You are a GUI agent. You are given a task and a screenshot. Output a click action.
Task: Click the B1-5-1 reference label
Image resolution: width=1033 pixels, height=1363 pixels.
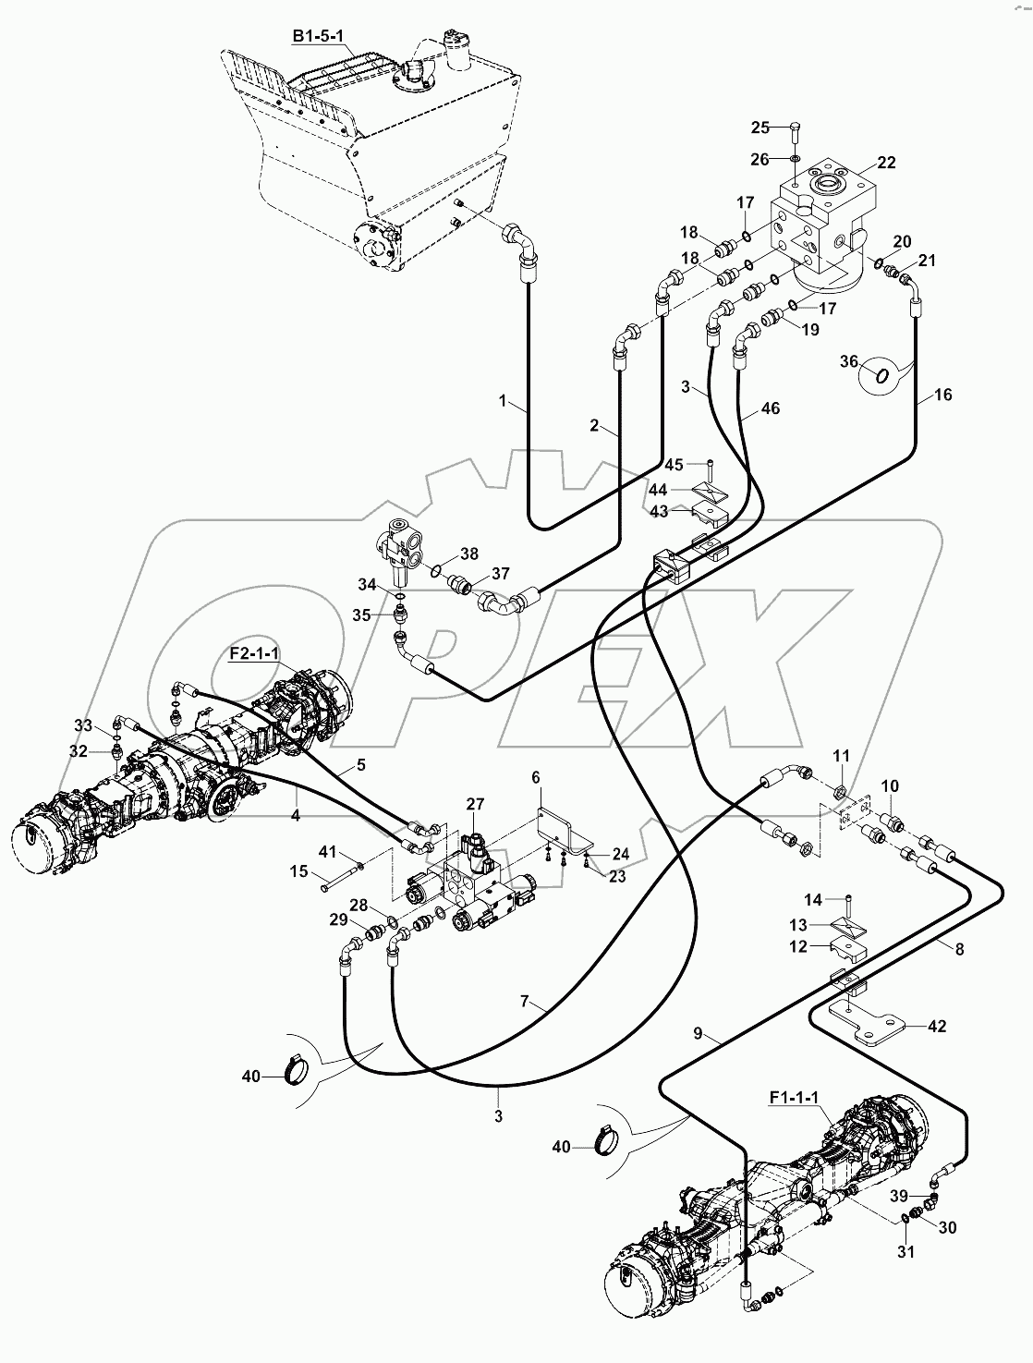[316, 36]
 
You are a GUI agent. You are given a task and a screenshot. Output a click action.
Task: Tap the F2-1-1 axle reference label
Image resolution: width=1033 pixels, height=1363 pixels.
[254, 653]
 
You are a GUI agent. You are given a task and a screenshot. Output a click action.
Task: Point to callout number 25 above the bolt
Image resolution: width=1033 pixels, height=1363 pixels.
[760, 127]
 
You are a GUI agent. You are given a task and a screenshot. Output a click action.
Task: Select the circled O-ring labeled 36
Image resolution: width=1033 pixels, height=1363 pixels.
[882, 375]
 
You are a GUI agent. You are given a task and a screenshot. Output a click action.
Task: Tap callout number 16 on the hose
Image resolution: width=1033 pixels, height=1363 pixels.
[942, 395]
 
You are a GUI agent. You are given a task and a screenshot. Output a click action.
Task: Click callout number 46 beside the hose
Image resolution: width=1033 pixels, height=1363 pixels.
[770, 407]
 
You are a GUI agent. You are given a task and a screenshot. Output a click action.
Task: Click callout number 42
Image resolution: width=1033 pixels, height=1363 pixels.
[936, 1027]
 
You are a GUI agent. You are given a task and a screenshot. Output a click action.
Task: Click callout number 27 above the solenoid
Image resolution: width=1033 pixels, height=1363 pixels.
[475, 805]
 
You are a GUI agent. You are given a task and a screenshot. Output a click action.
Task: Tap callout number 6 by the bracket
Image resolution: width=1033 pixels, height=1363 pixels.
[534, 778]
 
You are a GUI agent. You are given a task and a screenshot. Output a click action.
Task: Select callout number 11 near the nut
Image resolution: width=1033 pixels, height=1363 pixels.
[840, 756]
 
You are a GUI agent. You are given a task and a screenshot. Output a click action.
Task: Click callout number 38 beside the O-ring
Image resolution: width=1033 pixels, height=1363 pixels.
[469, 554]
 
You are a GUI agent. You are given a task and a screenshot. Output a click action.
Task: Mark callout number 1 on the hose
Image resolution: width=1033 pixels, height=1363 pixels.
[502, 402]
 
